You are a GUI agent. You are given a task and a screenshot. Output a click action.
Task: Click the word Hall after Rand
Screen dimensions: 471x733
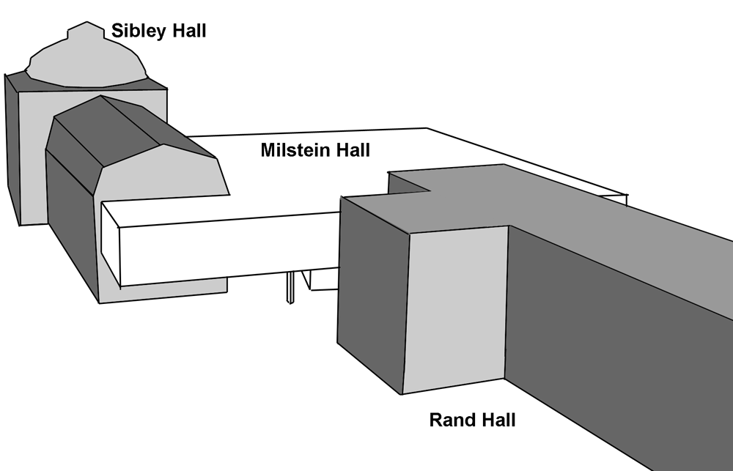click(494, 420)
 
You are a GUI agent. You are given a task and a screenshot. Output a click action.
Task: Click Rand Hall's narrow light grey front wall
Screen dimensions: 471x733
click(454, 308)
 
